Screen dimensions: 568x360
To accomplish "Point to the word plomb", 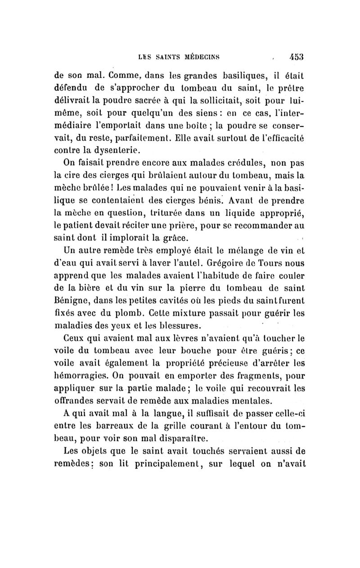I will pyautogui.click(x=121, y=310).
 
